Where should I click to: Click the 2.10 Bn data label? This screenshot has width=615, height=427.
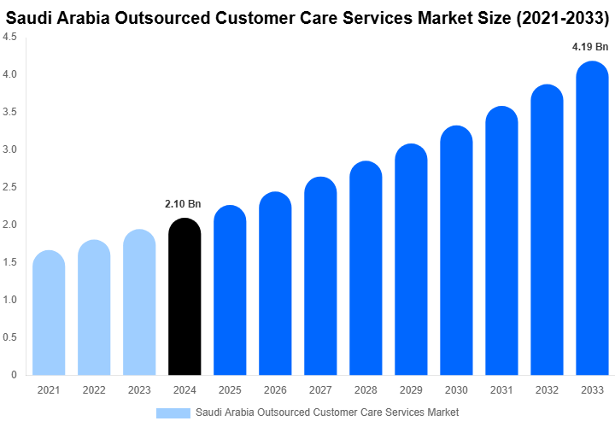183,204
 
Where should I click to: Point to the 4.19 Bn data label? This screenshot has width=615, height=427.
590,47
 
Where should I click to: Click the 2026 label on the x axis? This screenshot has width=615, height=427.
275,389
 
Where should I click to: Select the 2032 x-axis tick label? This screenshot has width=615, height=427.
547,389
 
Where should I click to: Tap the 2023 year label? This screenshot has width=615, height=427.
139,389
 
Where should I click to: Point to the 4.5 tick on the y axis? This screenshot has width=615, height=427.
10,38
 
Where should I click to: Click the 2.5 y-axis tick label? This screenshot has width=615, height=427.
10,187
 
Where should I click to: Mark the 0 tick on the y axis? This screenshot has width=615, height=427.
15,375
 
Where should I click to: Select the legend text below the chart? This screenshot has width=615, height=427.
327,412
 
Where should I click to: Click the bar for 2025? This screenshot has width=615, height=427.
230,290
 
